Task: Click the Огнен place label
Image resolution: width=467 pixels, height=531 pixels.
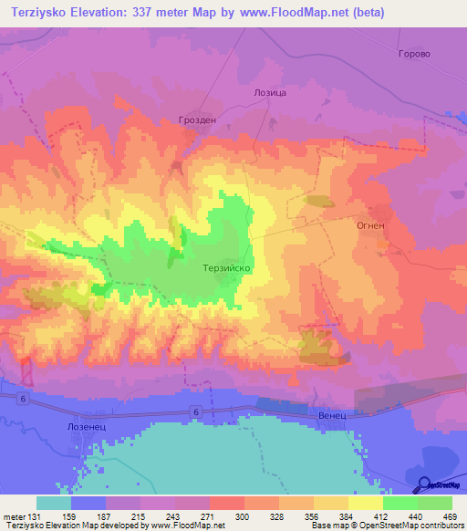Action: tap(371, 222)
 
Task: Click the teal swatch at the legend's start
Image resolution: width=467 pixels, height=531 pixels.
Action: tap(54, 503)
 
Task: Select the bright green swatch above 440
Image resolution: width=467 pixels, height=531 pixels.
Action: tap(400, 503)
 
